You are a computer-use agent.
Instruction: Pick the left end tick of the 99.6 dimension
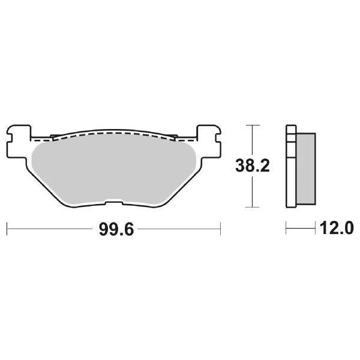[6, 229]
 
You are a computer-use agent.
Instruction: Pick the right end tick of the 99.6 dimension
[221, 229]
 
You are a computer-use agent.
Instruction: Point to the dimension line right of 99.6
[174, 229]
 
